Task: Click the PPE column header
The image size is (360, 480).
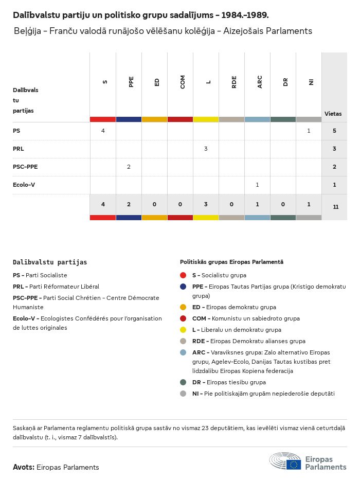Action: coord(131,82)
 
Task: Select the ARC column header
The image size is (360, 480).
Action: coord(260,82)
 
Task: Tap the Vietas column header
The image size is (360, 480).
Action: coord(333,114)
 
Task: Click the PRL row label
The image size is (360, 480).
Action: coord(19,149)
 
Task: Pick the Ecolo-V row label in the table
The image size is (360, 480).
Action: coord(24,185)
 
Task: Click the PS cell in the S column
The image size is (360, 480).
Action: coord(103,131)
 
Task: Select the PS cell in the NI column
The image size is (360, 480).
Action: coord(309,131)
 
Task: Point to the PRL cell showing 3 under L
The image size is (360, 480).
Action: coord(206,149)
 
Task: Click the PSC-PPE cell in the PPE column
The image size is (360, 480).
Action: coord(129,167)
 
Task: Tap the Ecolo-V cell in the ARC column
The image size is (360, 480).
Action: coord(257,185)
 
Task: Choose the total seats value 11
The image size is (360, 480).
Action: coord(336,207)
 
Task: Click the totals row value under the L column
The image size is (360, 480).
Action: coord(206,204)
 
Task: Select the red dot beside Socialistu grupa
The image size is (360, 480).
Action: coord(183,275)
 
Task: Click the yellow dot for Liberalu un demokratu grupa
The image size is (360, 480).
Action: coord(183,330)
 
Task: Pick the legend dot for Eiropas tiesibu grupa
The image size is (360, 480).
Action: coord(183,382)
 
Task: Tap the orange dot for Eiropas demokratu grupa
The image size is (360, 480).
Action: coord(183,307)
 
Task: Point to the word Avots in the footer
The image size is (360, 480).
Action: coord(23,467)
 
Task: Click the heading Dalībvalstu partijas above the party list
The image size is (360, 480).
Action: coord(50,262)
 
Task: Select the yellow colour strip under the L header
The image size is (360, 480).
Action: coord(206,119)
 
